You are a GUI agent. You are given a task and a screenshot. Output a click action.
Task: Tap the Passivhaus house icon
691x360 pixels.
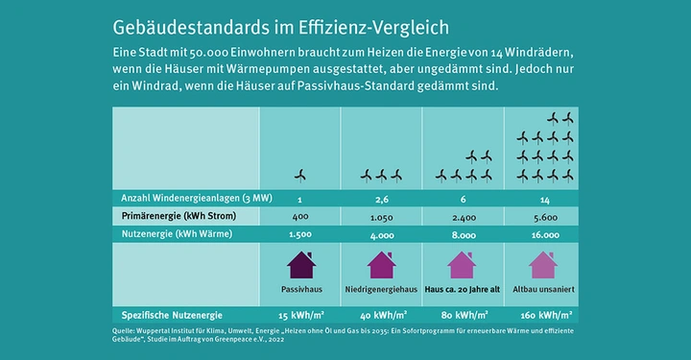pyautogui.click(x=300, y=265)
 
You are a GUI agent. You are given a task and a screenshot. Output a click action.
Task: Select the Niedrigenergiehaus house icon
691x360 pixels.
pyautogui.click(x=382, y=265)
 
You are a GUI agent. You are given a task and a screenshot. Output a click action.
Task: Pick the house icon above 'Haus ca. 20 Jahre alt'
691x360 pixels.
pyautogui.click(x=462, y=265)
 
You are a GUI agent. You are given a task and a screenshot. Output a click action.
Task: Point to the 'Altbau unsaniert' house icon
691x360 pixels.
pyautogui.click(x=543, y=265)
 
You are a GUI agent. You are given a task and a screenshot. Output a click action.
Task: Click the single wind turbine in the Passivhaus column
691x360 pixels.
pyautogui.click(x=300, y=175)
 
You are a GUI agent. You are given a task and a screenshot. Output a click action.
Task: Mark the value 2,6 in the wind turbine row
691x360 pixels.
pyautogui.click(x=382, y=198)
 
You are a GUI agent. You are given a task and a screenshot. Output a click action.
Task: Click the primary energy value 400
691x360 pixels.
pyautogui.click(x=300, y=216)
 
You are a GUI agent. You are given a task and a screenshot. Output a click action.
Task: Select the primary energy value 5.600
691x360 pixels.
pyautogui.click(x=543, y=216)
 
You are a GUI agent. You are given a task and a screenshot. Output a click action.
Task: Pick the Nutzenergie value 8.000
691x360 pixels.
pyautogui.click(x=462, y=234)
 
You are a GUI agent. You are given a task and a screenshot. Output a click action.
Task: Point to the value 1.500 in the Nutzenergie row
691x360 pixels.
pyautogui.click(x=300, y=234)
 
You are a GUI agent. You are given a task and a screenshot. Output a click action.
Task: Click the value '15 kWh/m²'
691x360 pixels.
pyautogui.click(x=300, y=314)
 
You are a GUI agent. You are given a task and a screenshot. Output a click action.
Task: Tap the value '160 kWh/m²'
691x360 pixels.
pyautogui.click(x=543, y=314)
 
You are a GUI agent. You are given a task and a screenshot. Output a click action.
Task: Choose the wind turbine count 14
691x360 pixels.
pyautogui.click(x=543, y=198)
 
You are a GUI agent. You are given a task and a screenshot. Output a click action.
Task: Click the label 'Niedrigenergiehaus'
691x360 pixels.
pyautogui.click(x=382, y=288)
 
